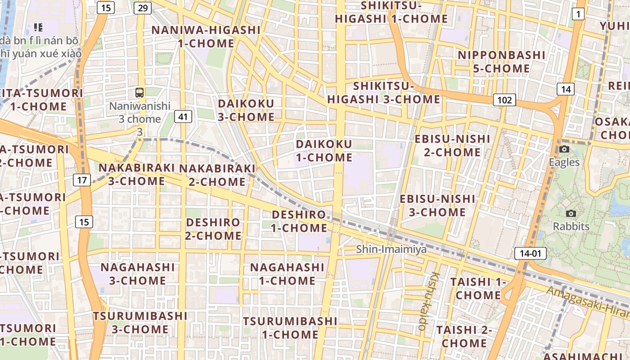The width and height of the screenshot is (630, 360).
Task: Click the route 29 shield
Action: pyautogui.click(x=143, y=8)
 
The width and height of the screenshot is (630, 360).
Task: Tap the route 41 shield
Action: pyautogui.click(x=183, y=117)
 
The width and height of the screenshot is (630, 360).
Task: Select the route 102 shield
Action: pyautogui.click(x=504, y=99)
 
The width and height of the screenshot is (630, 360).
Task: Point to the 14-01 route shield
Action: pyautogui.click(x=530, y=253)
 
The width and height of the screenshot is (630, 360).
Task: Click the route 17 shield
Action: pyautogui.click(x=82, y=180)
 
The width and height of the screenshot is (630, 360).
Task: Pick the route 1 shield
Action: pyautogui.click(x=578, y=14)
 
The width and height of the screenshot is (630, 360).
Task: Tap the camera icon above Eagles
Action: pyautogui.click(x=564, y=149)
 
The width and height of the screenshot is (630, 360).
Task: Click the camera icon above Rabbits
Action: pyautogui.click(x=571, y=213)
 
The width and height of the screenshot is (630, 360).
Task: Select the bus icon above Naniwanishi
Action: pyautogui.click(x=139, y=93)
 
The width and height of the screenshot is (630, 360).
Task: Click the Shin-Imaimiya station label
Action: pyautogui.click(x=391, y=249)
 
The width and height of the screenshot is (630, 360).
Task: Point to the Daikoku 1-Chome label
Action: pyautogui.click(x=324, y=151)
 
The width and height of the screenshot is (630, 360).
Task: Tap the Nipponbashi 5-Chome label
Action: pyautogui.click(x=501, y=62)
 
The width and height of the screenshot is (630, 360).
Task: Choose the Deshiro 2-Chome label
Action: pyautogui.click(x=214, y=229)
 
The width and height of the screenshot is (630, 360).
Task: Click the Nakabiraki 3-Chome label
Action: pyautogui.click(x=136, y=174)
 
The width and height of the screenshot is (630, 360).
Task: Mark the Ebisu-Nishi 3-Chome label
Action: pyautogui.click(x=437, y=205)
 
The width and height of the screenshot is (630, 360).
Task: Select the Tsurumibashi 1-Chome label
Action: pyautogui.click(x=290, y=328)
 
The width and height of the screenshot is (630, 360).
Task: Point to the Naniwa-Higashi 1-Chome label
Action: pyautogui.click(x=206, y=37)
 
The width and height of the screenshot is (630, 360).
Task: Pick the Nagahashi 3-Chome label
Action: pyautogui.click(x=137, y=274)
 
